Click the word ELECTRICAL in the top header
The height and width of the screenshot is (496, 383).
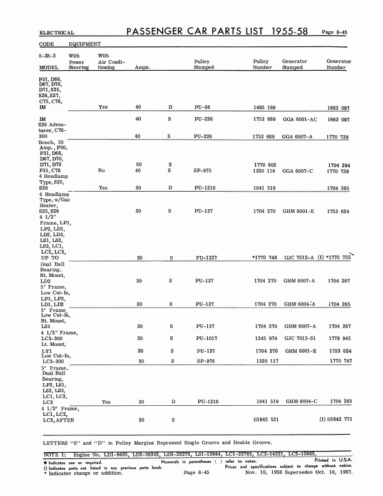pyautogui.click(x=57, y=33)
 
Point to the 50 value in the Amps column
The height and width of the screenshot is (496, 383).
pyautogui.click(x=138, y=164)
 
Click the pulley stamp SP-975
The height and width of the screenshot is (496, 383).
pyautogui.click(x=204, y=170)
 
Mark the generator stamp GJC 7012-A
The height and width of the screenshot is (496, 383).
pyautogui.click(x=299, y=258)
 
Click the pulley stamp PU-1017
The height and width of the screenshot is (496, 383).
pyautogui.click(x=206, y=339)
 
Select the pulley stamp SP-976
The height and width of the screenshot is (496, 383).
pyautogui.click(x=206, y=361)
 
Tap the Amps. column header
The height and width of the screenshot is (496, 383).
pyautogui.click(x=142, y=68)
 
